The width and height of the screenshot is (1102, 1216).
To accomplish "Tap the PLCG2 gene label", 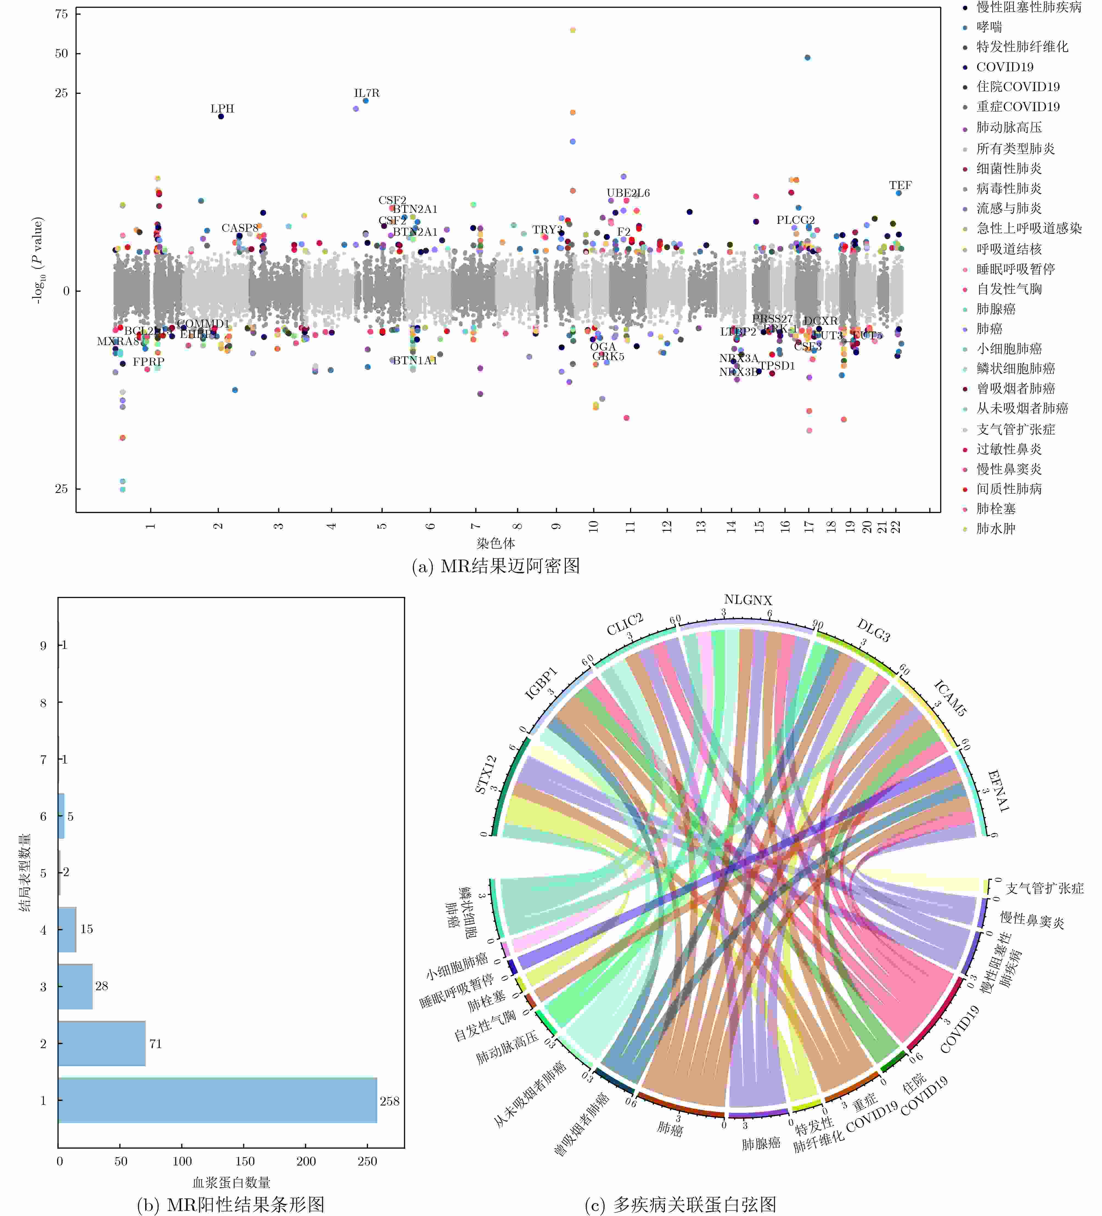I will pos(795,220).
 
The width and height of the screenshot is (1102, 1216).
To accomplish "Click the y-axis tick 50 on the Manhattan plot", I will pos(61,54).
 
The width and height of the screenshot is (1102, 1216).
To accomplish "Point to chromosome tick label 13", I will pos(701,526).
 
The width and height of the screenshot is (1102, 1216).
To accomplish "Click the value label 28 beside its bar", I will pos(101,986).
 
